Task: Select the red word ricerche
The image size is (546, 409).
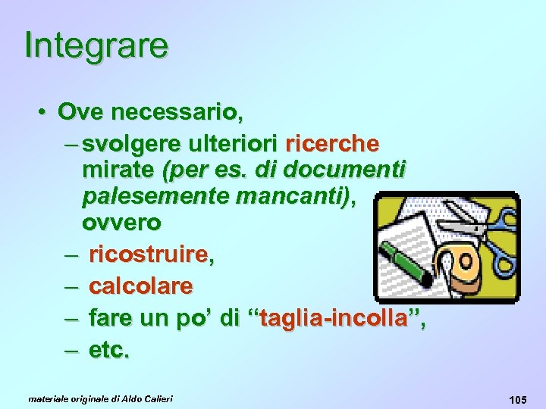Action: pyautogui.click(x=332, y=144)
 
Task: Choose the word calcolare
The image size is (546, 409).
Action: pyautogui.click(x=140, y=287)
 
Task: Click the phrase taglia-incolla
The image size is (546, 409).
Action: pyautogui.click(x=335, y=319)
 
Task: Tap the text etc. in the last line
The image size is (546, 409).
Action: pyautogui.click(x=109, y=351)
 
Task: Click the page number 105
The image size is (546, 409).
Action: pyautogui.click(x=519, y=398)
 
